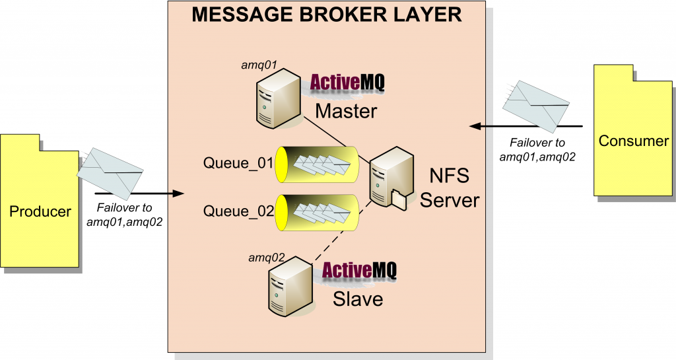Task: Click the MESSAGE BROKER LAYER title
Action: click(327, 15)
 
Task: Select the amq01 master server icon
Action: click(277, 100)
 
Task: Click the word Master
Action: click(346, 110)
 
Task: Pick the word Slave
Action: click(358, 298)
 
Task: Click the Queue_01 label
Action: click(238, 162)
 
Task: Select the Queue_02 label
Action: click(238, 211)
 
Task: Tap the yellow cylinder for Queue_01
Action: click(317, 163)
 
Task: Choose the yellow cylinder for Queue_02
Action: click(317, 212)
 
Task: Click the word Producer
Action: click(40, 211)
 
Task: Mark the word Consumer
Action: click(633, 141)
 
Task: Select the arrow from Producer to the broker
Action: click(139, 194)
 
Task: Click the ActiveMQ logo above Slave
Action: click(358, 271)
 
